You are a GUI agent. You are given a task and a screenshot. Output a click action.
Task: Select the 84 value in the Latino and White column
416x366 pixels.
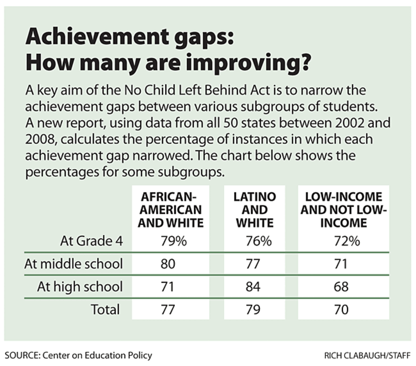[253, 287]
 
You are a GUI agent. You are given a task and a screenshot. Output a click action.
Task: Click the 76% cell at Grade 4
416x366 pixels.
[253, 241]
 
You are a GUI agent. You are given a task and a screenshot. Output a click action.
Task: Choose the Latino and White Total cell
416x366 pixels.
[253, 310]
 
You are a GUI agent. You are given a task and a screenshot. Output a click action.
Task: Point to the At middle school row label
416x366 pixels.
[80, 264]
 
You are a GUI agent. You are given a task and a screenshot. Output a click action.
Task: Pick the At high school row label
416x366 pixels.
[80, 287]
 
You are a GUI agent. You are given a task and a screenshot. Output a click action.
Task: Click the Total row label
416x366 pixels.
[105, 310]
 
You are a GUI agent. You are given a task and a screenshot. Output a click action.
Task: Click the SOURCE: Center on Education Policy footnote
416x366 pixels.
[78, 355]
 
